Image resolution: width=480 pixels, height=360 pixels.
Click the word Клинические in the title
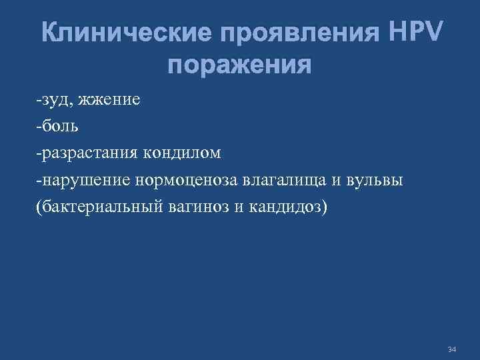tap(117, 33)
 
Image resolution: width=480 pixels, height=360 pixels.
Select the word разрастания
tap(87, 153)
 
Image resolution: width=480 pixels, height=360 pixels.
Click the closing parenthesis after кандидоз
tap(325, 207)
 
